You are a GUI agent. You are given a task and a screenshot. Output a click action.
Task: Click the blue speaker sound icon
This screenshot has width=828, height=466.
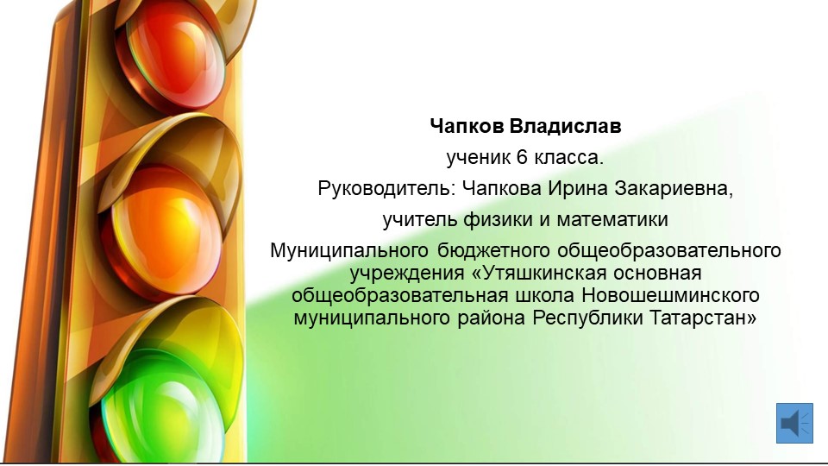click(x=794, y=423)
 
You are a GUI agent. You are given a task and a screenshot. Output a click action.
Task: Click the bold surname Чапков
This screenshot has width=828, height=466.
click(x=467, y=126)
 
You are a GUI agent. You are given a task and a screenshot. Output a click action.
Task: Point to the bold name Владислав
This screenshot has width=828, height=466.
click(x=566, y=126)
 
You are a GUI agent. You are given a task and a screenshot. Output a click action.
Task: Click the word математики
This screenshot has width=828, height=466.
click(x=612, y=219)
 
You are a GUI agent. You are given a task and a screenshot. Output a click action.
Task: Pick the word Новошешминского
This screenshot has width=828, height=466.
click(x=671, y=295)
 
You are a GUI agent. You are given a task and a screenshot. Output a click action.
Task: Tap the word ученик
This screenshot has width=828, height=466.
click(x=478, y=157)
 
